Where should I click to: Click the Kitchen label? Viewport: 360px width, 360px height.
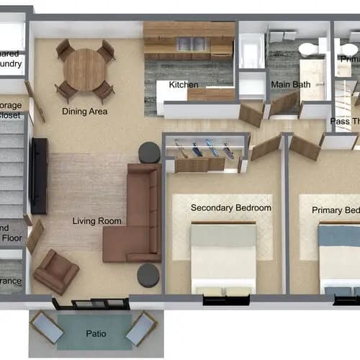click(184, 85)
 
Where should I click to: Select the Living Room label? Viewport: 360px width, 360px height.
click(97, 221)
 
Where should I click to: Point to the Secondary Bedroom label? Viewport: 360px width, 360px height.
click(230, 208)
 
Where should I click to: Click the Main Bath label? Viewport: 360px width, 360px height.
click(291, 85)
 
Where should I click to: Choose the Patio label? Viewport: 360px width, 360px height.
click(96, 333)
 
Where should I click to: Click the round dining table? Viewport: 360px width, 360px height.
click(85, 70)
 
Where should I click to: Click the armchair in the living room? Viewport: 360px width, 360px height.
click(55, 271)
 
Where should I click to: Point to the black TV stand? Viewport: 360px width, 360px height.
click(39, 176)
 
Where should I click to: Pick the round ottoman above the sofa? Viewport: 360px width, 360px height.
click(149, 152)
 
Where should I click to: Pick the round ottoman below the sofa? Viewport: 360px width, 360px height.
click(148, 276)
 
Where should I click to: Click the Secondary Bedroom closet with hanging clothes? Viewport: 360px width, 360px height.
click(204, 152)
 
